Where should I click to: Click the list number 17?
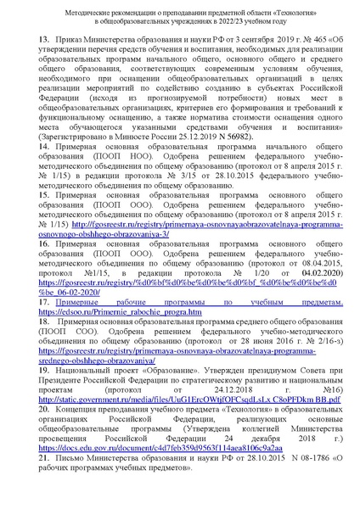coord(44,301)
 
